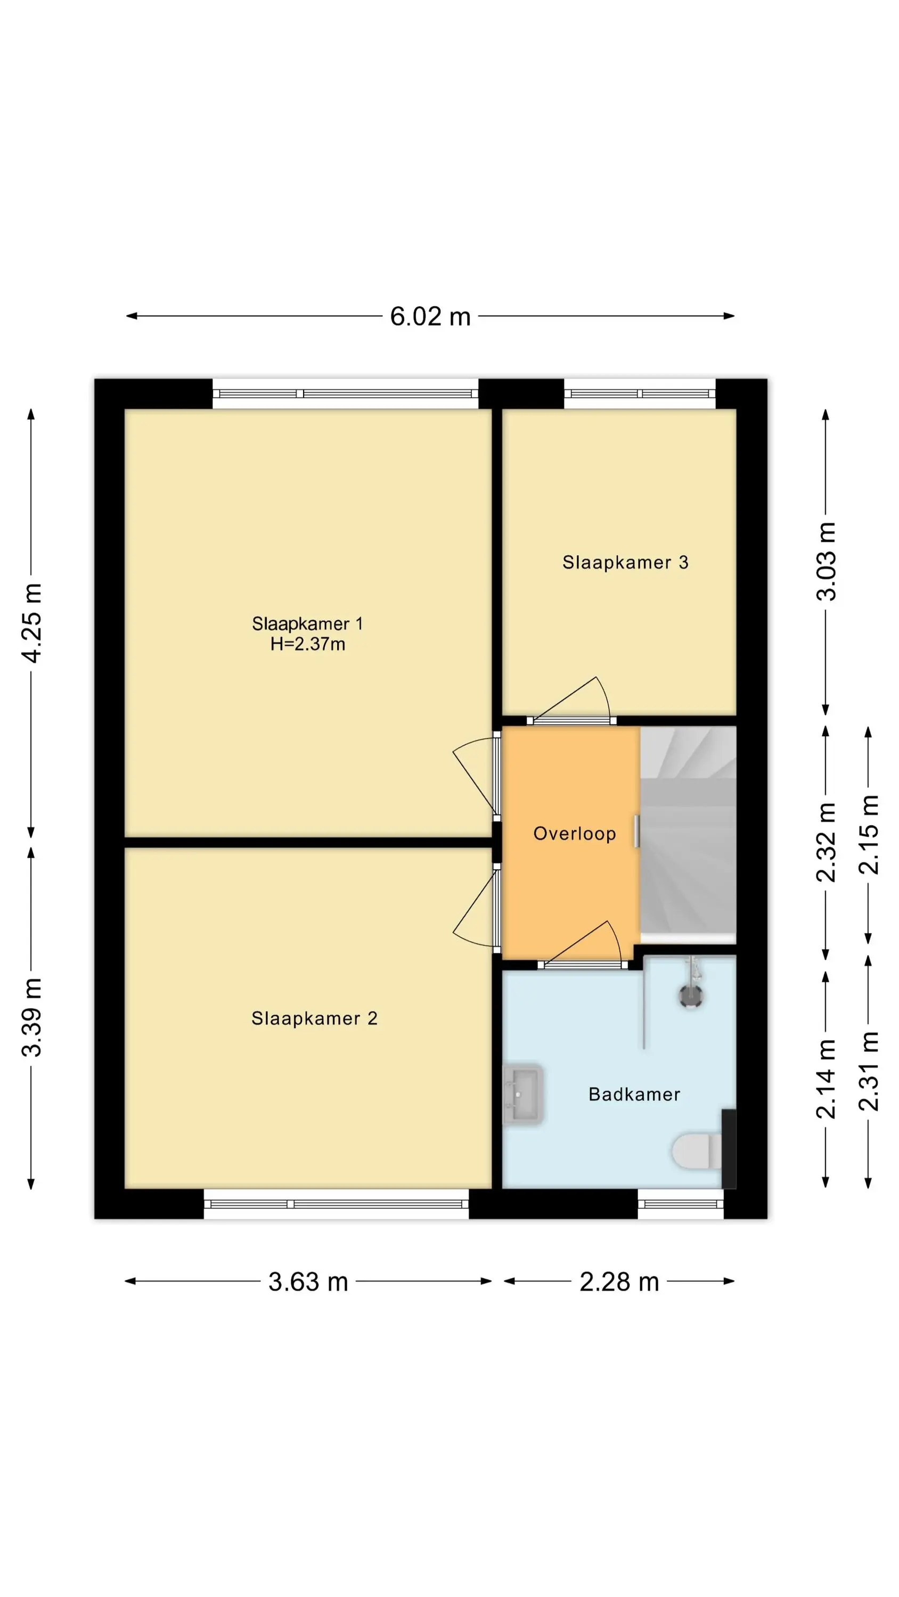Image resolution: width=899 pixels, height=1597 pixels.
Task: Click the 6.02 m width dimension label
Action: click(x=430, y=317)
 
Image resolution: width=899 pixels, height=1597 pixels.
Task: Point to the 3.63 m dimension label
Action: click(x=308, y=1281)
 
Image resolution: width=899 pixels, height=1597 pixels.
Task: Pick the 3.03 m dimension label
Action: click(x=826, y=562)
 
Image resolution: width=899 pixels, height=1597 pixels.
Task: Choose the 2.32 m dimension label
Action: click(x=826, y=842)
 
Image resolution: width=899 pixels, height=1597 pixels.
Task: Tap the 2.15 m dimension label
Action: click(x=869, y=835)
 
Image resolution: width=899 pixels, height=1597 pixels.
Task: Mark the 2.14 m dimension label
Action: click(x=826, y=1079)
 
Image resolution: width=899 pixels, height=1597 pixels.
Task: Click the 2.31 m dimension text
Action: click(x=869, y=1071)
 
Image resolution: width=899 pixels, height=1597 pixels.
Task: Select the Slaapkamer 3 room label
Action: click(x=625, y=562)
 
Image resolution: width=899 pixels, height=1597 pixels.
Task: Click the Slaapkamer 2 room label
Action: click(x=314, y=1018)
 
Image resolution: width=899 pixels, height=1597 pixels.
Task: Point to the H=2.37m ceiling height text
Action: click(x=308, y=644)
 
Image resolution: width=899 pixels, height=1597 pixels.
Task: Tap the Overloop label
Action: click(x=575, y=834)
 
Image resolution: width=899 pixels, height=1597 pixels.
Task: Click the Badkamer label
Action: click(x=634, y=1094)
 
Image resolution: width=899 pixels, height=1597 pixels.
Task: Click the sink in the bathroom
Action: click(x=523, y=1094)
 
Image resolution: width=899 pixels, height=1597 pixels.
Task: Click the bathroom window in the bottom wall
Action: click(x=681, y=1205)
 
